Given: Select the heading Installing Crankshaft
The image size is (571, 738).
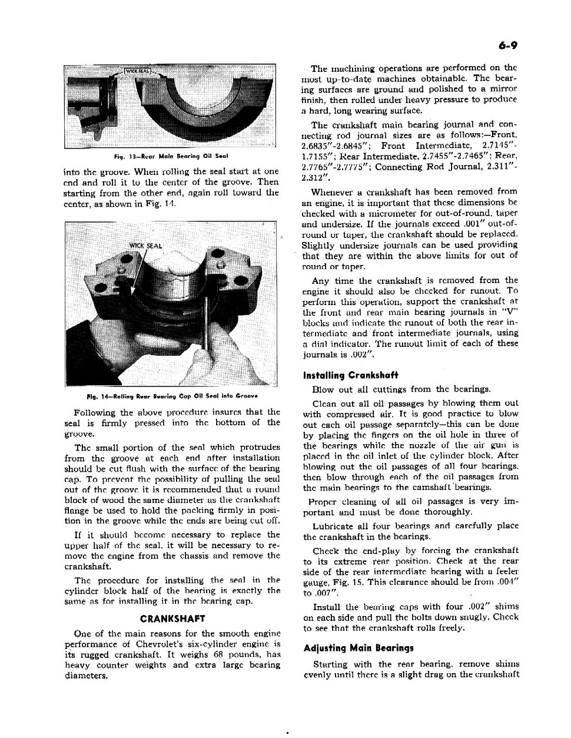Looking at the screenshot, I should coord(350,375).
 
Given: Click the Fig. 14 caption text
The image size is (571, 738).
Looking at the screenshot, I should coord(171,396).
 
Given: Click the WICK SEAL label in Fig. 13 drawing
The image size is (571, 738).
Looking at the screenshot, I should coord(136,71).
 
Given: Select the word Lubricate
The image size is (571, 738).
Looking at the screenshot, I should coord(333,526).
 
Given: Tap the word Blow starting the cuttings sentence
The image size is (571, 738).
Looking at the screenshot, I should coord(323,389).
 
